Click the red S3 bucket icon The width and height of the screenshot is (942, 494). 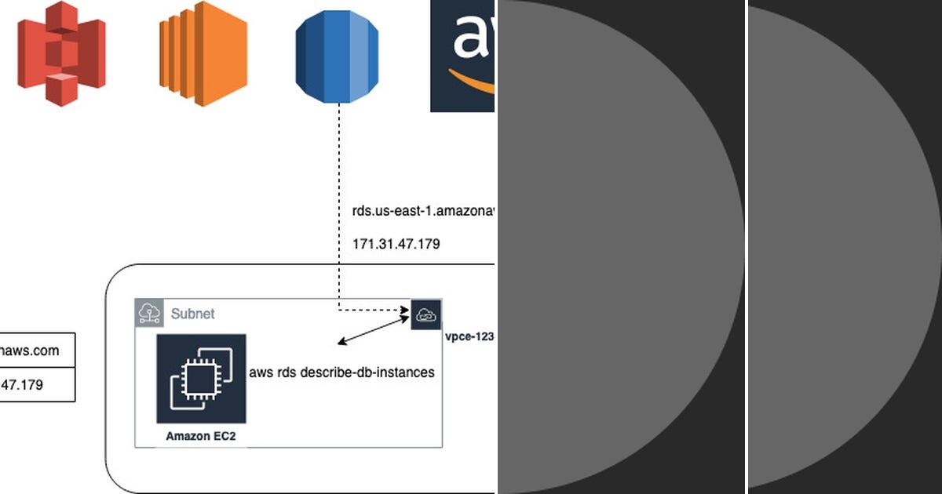tap(61, 53)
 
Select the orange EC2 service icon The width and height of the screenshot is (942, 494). tap(203, 53)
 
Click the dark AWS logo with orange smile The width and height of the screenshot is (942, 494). tap(462, 55)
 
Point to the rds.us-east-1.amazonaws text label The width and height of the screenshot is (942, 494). tap(424, 211)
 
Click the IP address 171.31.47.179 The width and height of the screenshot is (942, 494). tap(396, 244)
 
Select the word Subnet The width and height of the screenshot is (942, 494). tap(193, 314)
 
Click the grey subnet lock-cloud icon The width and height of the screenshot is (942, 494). tap(149, 313)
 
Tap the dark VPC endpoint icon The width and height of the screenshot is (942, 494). tap(426, 314)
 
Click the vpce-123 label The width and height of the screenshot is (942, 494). tap(469, 336)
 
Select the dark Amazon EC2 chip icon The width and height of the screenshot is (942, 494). tap(201, 379)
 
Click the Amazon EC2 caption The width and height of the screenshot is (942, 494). tap(201, 436)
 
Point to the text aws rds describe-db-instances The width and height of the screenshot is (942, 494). tap(341, 372)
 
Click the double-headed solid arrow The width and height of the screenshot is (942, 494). tap(374, 331)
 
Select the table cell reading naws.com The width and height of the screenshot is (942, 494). tap(35, 351)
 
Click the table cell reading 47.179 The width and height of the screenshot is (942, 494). tap(35, 385)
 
